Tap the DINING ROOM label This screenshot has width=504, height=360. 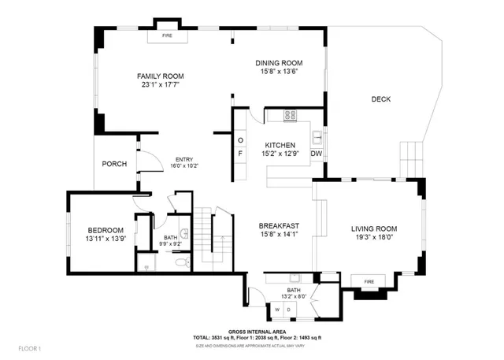(280, 63)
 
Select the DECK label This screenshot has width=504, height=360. (381, 99)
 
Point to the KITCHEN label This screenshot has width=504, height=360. (280, 146)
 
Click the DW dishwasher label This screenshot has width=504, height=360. (316, 154)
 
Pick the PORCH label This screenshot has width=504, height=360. (114, 164)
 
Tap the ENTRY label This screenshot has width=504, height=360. (183, 160)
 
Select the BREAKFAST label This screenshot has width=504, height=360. (280, 225)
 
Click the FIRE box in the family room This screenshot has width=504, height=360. (167, 36)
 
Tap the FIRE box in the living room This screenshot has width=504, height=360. (367, 281)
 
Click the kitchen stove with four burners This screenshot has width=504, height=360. (289, 115)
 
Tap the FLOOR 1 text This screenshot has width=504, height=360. (28, 347)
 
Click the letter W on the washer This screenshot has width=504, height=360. (277, 310)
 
